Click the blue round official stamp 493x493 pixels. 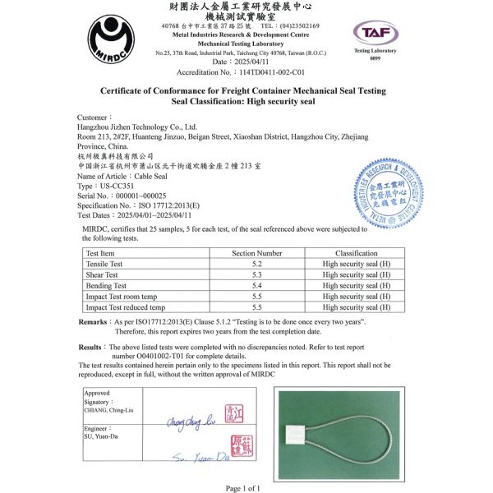(385, 194)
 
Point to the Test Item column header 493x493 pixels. (101, 254)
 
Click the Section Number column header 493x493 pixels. (256, 254)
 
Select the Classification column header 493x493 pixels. (356, 254)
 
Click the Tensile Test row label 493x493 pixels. (104, 265)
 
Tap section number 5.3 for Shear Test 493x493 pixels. (256, 275)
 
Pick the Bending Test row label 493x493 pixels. (105, 286)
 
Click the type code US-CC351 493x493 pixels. (115, 187)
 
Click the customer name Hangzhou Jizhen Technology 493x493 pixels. (137, 127)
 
